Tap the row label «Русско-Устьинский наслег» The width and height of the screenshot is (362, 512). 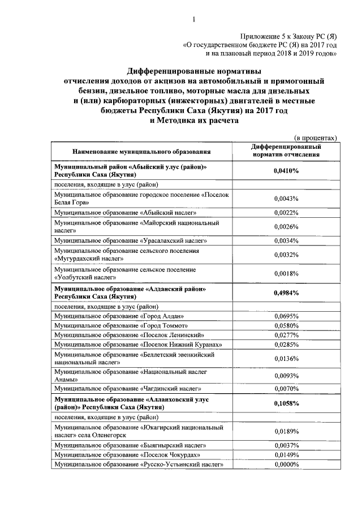[134, 464]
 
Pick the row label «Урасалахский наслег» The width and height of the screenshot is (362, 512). [124, 240]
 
